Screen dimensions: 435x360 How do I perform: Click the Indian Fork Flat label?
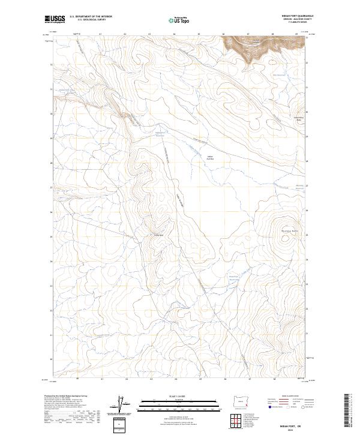[x=210, y=158]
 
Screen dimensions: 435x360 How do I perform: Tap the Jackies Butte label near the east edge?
[x=298, y=118]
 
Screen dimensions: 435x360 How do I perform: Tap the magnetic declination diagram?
[x=125, y=405]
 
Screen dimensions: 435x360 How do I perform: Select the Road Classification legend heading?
[x=290, y=397]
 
